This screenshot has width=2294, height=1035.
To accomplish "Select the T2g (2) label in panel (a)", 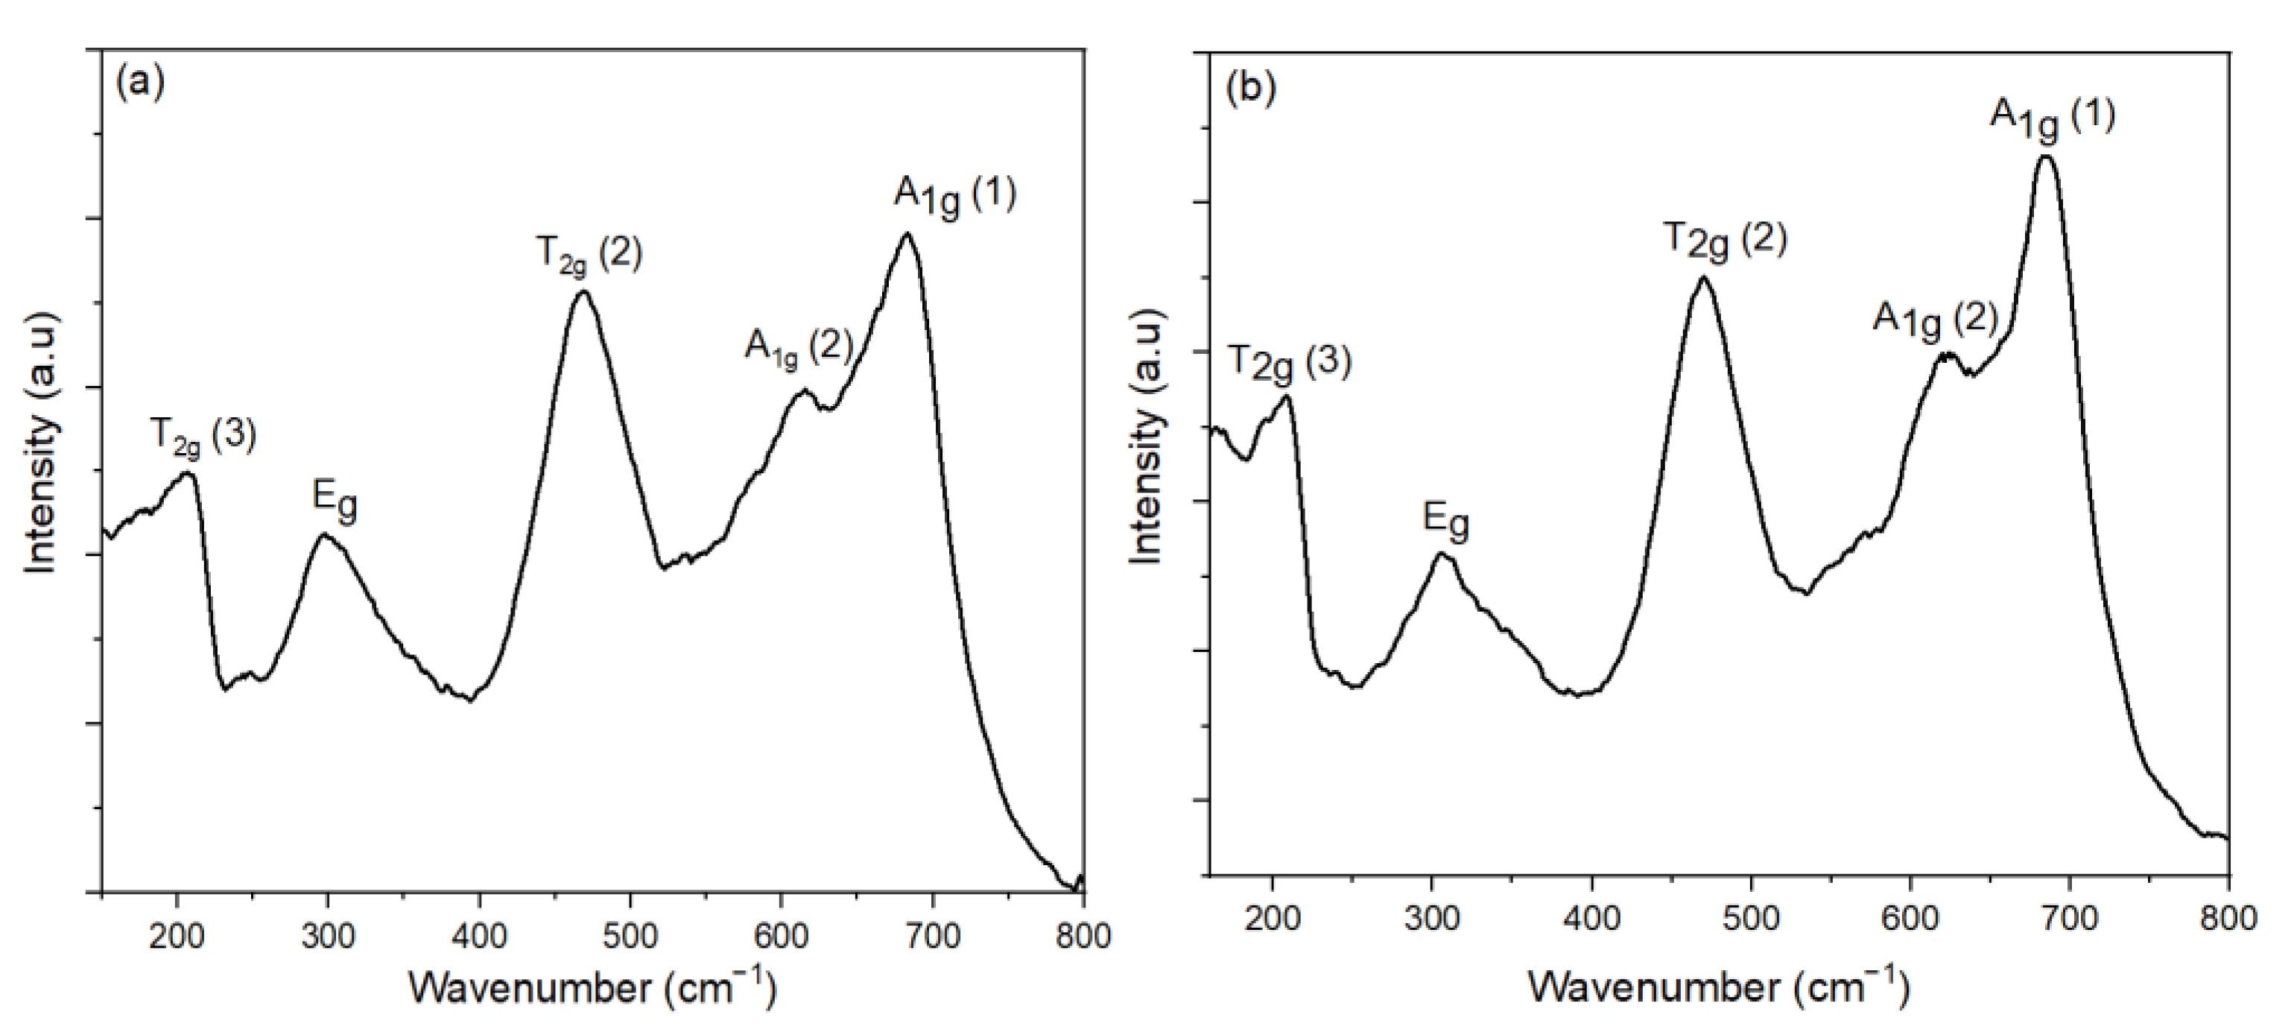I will click(x=589, y=256).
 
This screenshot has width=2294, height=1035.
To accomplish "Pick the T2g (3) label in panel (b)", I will click(x=1290, y=364).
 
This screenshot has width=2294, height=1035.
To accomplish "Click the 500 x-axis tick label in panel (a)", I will click(x=630, y=936).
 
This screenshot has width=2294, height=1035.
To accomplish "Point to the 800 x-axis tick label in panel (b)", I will click(x=2228, y=917).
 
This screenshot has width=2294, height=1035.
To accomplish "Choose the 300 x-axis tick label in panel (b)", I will click(x=1431, y=917).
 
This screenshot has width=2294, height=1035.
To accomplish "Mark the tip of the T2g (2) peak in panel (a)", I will click(x=583, y=291).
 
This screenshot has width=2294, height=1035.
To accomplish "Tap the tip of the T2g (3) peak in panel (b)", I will click(x=1285, y=396).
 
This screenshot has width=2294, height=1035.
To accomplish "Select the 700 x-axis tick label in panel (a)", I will click(x=932, y=936).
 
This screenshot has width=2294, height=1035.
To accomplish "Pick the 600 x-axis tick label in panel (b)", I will click(x=1910, y=917).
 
